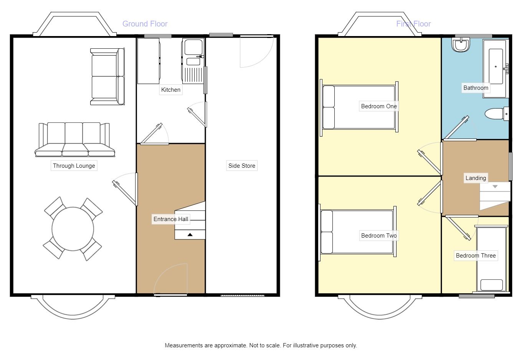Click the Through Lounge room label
[74, 166]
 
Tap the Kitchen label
[170, 90]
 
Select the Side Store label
[241, 166]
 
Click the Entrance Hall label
[171, 219]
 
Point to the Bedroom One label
[379, 106]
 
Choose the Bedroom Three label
[476, 256]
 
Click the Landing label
[476, 178]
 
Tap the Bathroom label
[476, 88]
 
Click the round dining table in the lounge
[73, 229]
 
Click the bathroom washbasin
[461, 45]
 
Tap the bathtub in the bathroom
[496, 68]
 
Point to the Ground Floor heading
[145, 24]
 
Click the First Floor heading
[413, 24]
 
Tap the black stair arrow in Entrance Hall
[190, 234]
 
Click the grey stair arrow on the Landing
[495, 187]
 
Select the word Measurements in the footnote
[184, 345]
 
